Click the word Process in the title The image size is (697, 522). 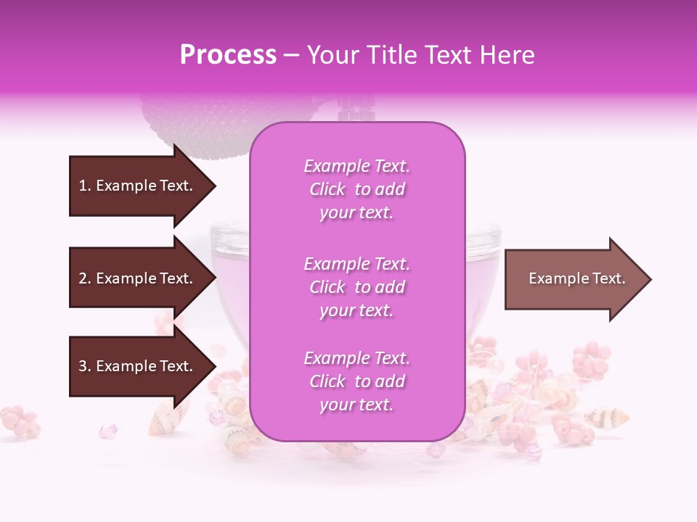coord(228,55)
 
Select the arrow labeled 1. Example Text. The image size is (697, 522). coord(138,186)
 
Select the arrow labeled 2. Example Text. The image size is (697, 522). coord(138,278)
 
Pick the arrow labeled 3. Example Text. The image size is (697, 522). coord(138,366)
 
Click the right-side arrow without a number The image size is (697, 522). coord(574,279)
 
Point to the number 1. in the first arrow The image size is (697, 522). coord(85,186)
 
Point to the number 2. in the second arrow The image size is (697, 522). coord(85,278)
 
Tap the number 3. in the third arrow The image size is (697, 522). coord(85,366)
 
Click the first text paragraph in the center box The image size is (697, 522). coord(356,189)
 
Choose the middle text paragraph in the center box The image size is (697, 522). coord(356,287)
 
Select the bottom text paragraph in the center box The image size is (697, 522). coord(356,381)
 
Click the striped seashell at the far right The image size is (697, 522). coord(606,417)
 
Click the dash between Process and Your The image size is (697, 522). coord(291,55)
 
